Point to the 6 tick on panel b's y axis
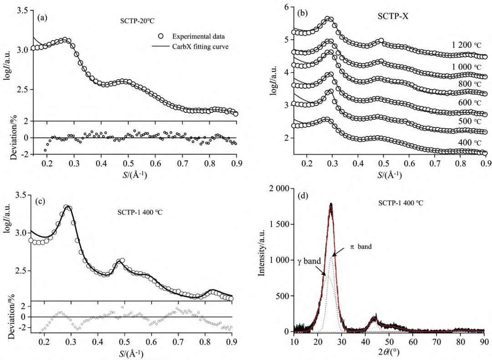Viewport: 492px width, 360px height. pos(287,7)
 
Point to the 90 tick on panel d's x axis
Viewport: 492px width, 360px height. pos(484,341)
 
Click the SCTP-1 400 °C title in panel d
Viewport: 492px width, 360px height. pos(401,203)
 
